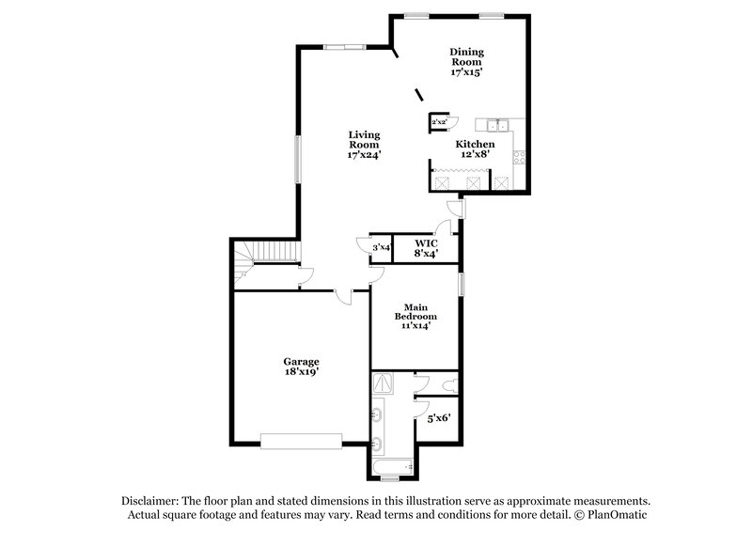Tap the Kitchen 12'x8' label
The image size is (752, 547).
(x=475, y=148)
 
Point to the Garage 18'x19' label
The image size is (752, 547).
(x=303, y=366)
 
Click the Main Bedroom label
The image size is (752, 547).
(x=416, y=317)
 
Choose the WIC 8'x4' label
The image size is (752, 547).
(x=426, y=246)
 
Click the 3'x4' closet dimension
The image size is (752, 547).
(x=382, y=247)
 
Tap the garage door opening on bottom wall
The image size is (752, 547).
(x=302, y=441)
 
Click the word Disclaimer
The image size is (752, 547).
(x=153, y=501)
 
